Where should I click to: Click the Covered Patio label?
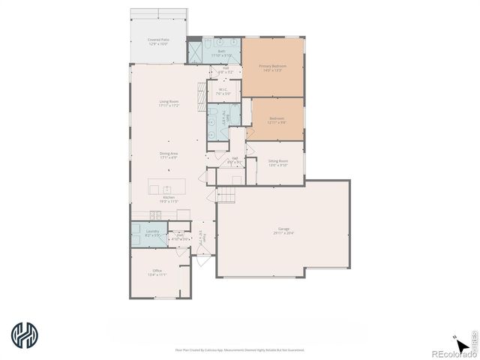(x=157, y=40)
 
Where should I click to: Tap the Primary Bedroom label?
(x=271, y=66)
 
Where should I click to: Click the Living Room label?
(x=168, y=101)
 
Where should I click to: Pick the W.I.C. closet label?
(x=223, y=90)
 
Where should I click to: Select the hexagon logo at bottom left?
(x=24, y=335)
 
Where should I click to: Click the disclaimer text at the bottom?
(x=240, y=349)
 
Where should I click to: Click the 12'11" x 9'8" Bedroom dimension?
(x=277, y=122)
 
